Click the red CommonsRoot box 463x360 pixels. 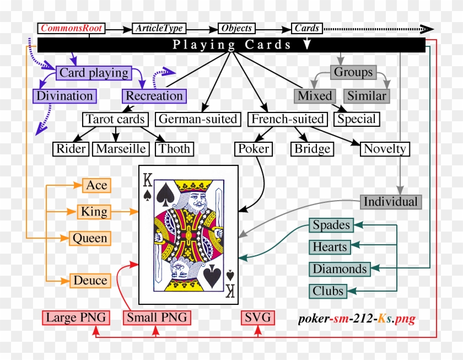pyautogui.click(x=71, y=28)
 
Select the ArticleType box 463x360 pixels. pyautogui.click(x=159, y=28)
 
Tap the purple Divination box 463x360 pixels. pyautogui.click(x=65, y=96)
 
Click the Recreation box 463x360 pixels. pyautogui.click(x=154, y=96)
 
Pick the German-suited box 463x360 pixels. pyautogui.click(x=198, y=119)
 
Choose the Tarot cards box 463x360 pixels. pyautogui.click(x=115, y=119)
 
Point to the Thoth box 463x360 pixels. pyautogui.click(x=174, y=148)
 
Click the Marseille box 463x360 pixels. pyautogui.click(x=121, y=148)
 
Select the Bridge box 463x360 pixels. pyautogui.click(x=312, y=149)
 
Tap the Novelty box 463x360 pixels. pyautogui.click(x=385, y=148)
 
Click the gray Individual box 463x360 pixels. pyautogui.click(x=391, y=202)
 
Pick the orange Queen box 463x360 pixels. pyautogui.click(x=90, y=238)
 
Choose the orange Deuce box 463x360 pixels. pyautogui.click(x=90, y=280)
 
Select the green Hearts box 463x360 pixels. pyautogui.click(x=330, y=247)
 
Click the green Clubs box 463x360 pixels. pyautogui.click(x=328, y=291)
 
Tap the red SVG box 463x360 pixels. pyautogui.click(x=258, y=318)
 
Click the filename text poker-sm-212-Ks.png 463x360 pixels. pyautogui.click(x=356, y=319)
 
